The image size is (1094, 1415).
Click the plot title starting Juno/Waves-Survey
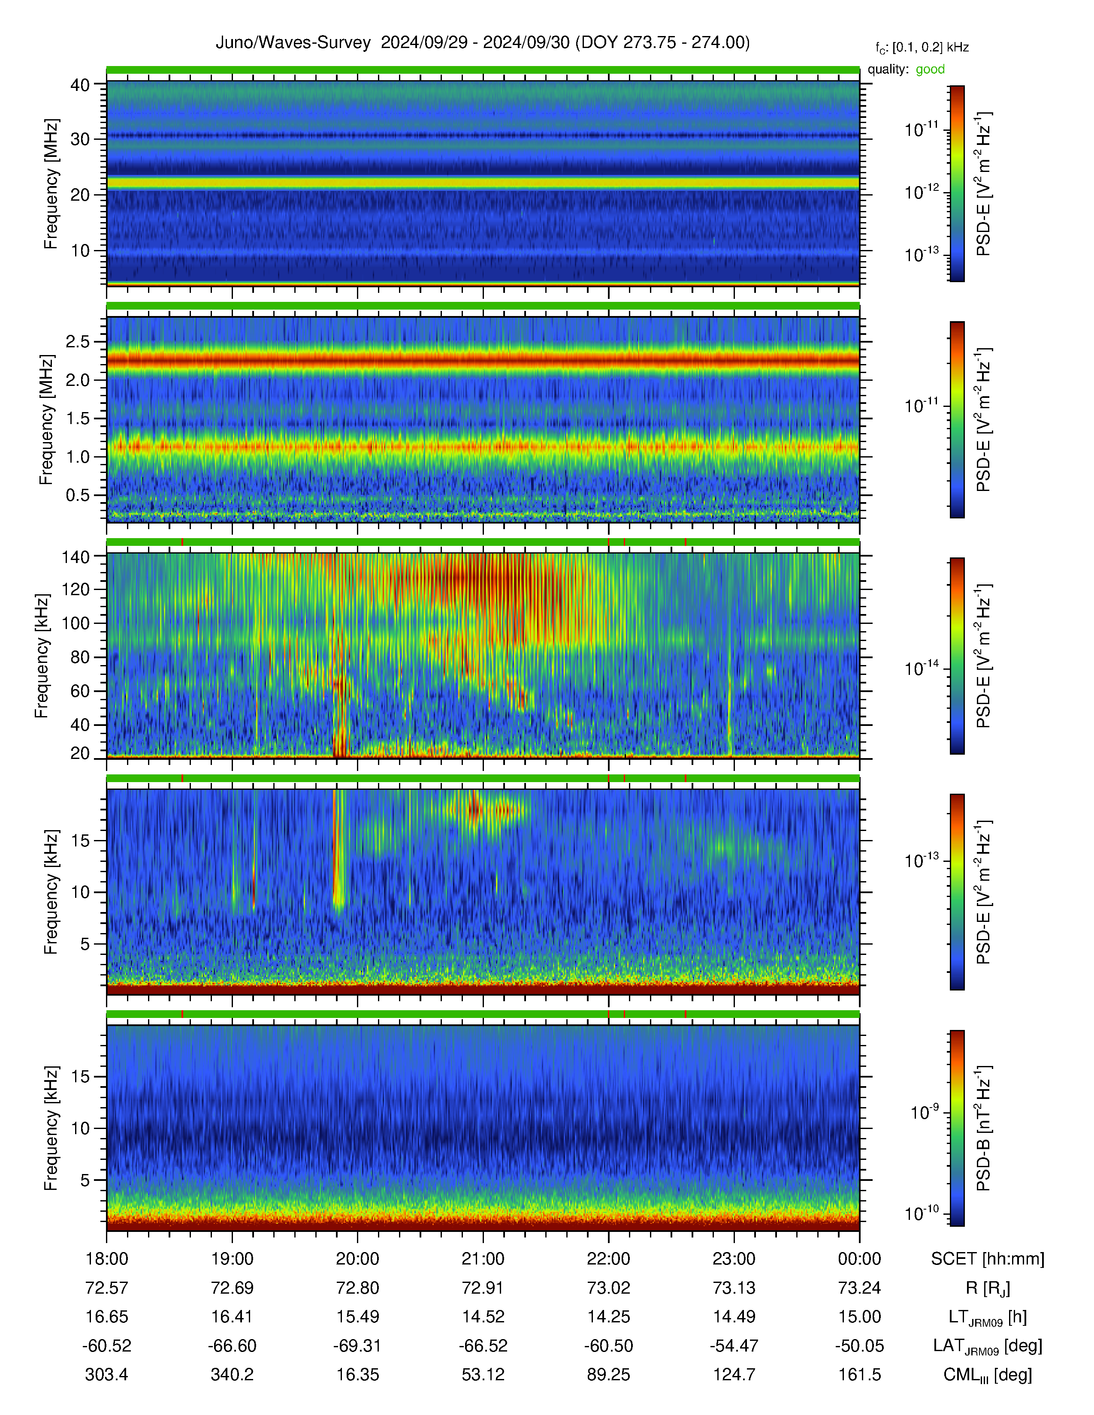tap(483, 43)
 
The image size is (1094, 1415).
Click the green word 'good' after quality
tap(930, 69)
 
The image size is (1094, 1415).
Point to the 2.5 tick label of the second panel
tap(78, 341)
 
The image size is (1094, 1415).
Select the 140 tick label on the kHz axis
tap(75, 556)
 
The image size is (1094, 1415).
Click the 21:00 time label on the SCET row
tap(483, 1259)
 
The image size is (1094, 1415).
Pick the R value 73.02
tap(609, 1288)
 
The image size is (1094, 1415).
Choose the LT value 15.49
tap(358, 1317)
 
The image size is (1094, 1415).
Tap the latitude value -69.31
tap(358, 1346)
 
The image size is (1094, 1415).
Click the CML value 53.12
tap(483, 1375)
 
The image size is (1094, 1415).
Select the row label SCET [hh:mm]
tap(988, 1259)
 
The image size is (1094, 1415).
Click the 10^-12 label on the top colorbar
tap(922, 192)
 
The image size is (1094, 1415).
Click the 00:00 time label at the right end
tap(859, 1259)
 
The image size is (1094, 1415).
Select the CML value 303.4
tap(107, 1375)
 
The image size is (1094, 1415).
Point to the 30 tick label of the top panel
tap(80, 139)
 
